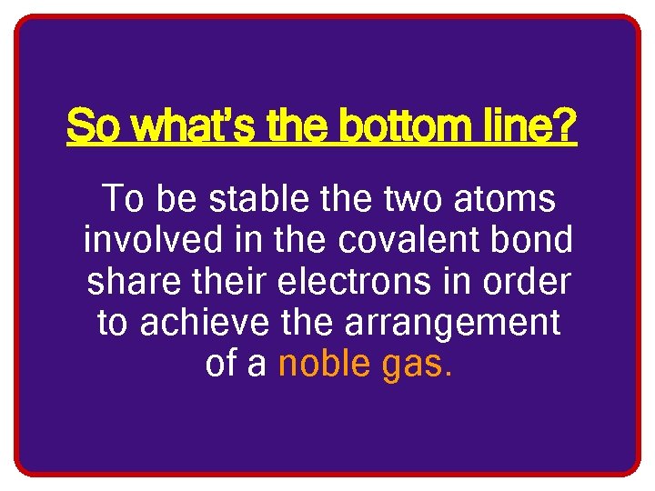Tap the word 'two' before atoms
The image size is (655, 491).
tap(405, 198)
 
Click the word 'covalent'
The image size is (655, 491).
tap(406, 240)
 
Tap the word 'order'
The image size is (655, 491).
tap(529, 282)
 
